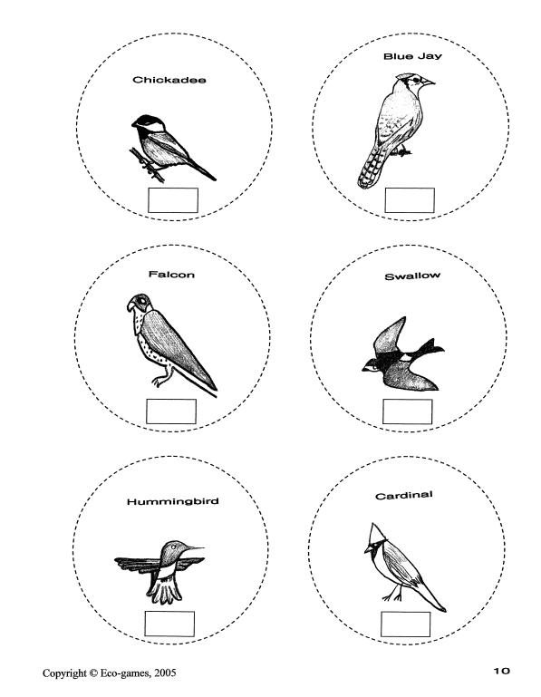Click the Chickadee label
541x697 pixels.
click(x=169, y=80)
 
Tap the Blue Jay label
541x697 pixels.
click(x=412, y=56)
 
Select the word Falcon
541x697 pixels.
click(x=171, y=275)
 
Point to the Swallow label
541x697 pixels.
click(x=412, y=276)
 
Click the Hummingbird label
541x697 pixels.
click(x=173, y=502)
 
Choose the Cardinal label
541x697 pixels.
click(x=403, y=495)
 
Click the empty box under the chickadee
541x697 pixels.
click(x=173, y=200)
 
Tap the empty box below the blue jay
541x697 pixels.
click(x=410, y=200)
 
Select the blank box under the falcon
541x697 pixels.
click(x=171, y=411)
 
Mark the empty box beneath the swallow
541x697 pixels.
click(x=407, y=411)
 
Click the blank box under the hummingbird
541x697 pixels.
click(x=169, y=624)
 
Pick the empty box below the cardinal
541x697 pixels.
click(x=405, y=624)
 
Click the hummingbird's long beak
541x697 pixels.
click(x=192, y=548)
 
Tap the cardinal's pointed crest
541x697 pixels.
click(x=376, y=532)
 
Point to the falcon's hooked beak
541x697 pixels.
click(x=130, y=305)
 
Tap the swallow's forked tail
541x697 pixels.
click(x=430, y=348)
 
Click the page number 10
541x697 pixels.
click(x=501, y=671)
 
